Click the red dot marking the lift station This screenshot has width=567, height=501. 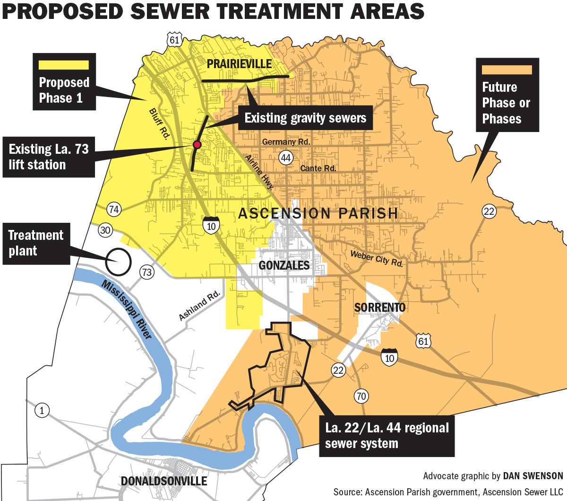[x=198, y=145]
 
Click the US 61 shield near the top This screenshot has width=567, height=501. [x=174, y=40]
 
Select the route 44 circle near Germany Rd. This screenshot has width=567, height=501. [x=285, y=158]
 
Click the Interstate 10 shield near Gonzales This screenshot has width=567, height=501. [x=211, y=225]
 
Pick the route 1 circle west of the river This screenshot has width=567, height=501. [x=42, y=411]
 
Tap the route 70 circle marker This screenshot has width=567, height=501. [x=361, y=396]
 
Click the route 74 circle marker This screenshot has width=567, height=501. [x=113, y=209]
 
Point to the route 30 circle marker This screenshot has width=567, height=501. [x=105, y=230]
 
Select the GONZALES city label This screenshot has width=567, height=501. [x=284, y=265]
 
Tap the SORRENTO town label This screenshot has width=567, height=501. [x=380, y=308]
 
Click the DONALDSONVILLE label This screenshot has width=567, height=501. [x=164, y=481]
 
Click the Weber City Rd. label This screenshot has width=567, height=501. [x=377, y=259]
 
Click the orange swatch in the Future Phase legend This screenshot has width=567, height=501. [x=507, y=70]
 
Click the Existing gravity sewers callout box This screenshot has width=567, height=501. [x=305, y=117]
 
